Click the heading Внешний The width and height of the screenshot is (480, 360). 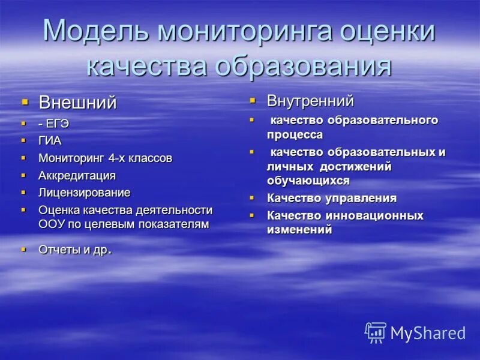pyautogui.click(x=77, y=103)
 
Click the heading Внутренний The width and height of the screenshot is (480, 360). pyautogui.click(x=310, y=100)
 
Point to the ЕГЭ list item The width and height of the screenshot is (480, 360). pyautogui.click(x=58, y=124)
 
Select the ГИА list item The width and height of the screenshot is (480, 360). pyautogui.click(x=50, y=141)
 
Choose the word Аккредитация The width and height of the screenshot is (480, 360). pyautogui.click(x=77, y=176)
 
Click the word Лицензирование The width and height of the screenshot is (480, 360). pyautogui.click(x=84, y=193)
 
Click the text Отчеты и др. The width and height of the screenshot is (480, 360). pyautogui.click(x=74, y=250)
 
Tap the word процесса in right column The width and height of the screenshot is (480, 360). pyautogui.click(x=295, y=135)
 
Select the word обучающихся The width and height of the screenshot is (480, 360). pyautogui.click(x=308, y=180)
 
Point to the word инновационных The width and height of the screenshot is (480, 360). pyautogui.click(x=375, y=215)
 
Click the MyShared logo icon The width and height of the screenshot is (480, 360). pyautogui.click(x=376, y=332)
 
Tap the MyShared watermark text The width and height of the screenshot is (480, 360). pyautogui.click(x=428, y=333)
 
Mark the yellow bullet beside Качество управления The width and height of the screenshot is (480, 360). pyautogui.click(x=253, y=197)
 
